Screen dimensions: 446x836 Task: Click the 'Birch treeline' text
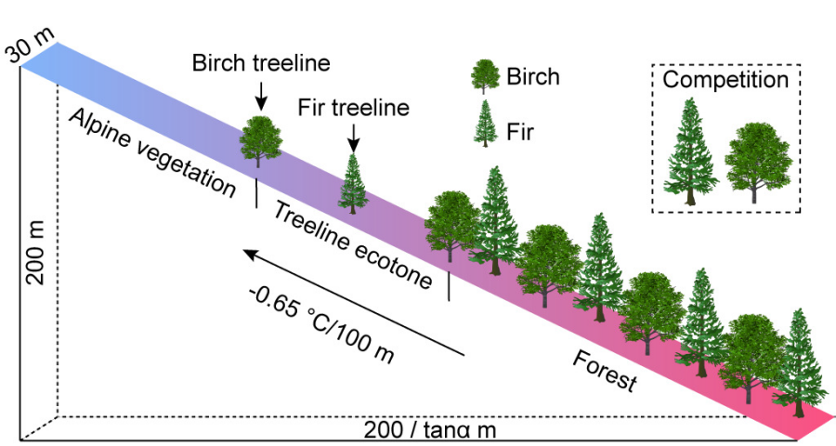pos(261,64)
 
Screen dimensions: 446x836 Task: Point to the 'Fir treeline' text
pos(353,108)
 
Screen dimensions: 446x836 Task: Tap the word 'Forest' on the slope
pos(605,371)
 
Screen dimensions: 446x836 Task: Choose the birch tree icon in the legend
pos(484,76)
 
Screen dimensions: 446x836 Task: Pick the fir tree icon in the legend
pos(483,124)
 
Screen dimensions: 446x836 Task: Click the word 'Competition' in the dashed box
pos(725,79)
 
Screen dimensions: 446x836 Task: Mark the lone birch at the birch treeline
pos(261,141)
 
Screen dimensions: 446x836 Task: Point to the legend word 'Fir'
pos(520,131)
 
